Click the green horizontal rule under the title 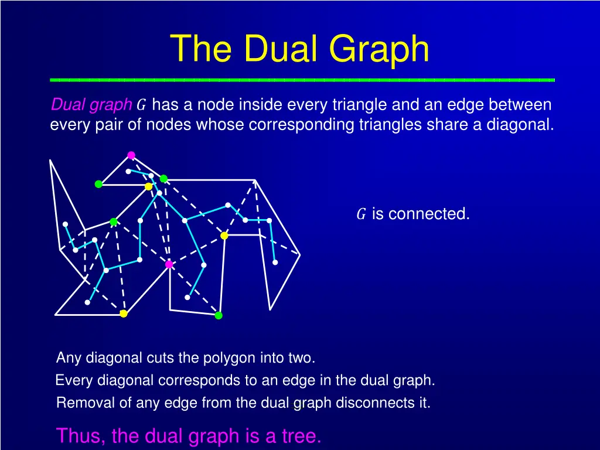pyautogui.click(x=302, y=79)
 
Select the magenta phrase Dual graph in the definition pyautogui.click(x=91, y=105)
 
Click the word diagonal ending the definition pyautogui.click(x=519, y=125)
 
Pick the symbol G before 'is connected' pyautogui.click(x=362, y=214)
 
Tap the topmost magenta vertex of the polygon pyautogui.click(x=131, y=155)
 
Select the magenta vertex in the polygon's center pyautogui.click(x=169, y=264)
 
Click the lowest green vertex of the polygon pyautogui.click(x=219, y=315)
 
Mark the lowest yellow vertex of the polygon pyautogui.click(x=124, y=313)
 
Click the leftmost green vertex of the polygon pyautogui.click(x=98, y=184)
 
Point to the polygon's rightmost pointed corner pyautogui.click(x=299, y=255)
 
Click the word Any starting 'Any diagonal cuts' pyautogui.click(x=67, y=357)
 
